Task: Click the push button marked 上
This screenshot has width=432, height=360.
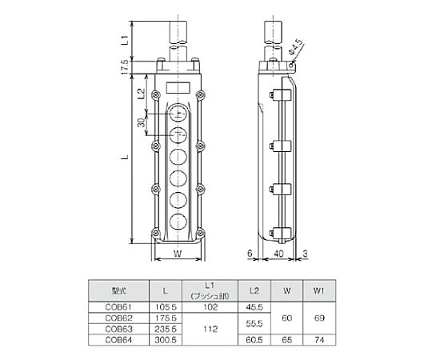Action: [178, 114]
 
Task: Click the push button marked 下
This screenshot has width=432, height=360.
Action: [178, 135]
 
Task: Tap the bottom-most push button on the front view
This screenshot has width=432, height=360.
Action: [178, 222]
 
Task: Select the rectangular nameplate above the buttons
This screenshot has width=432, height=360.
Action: [178, 88]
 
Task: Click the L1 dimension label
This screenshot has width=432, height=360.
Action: [125, 40]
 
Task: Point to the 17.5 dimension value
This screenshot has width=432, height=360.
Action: [125, 67]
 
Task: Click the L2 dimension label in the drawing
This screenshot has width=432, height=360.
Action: [141, 94]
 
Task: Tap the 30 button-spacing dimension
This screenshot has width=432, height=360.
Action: [142, 122]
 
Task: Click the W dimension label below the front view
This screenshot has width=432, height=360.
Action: [178, 254]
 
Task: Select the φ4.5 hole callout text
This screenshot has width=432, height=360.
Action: [296, 47]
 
